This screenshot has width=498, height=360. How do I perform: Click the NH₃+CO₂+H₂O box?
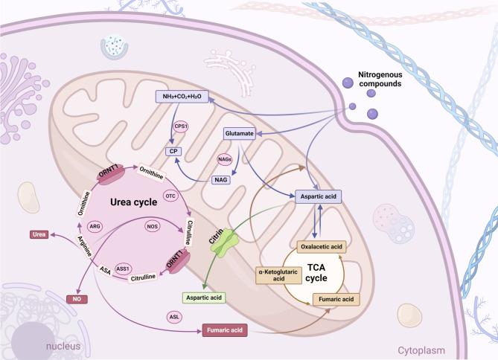pos(182,97)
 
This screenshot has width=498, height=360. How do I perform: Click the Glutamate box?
pos(240,134)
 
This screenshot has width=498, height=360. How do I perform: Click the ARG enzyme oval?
pos(95,225)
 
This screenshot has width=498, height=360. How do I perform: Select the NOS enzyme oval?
pos(153,225)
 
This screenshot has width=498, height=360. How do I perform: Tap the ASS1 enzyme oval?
pos(124,269)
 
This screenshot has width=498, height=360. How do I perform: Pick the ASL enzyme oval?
pos(175,317)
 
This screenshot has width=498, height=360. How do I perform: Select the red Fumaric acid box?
pos(224,328)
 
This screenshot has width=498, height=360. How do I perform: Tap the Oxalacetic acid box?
pos(323,245)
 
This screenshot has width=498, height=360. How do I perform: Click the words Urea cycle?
pos(111,202)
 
